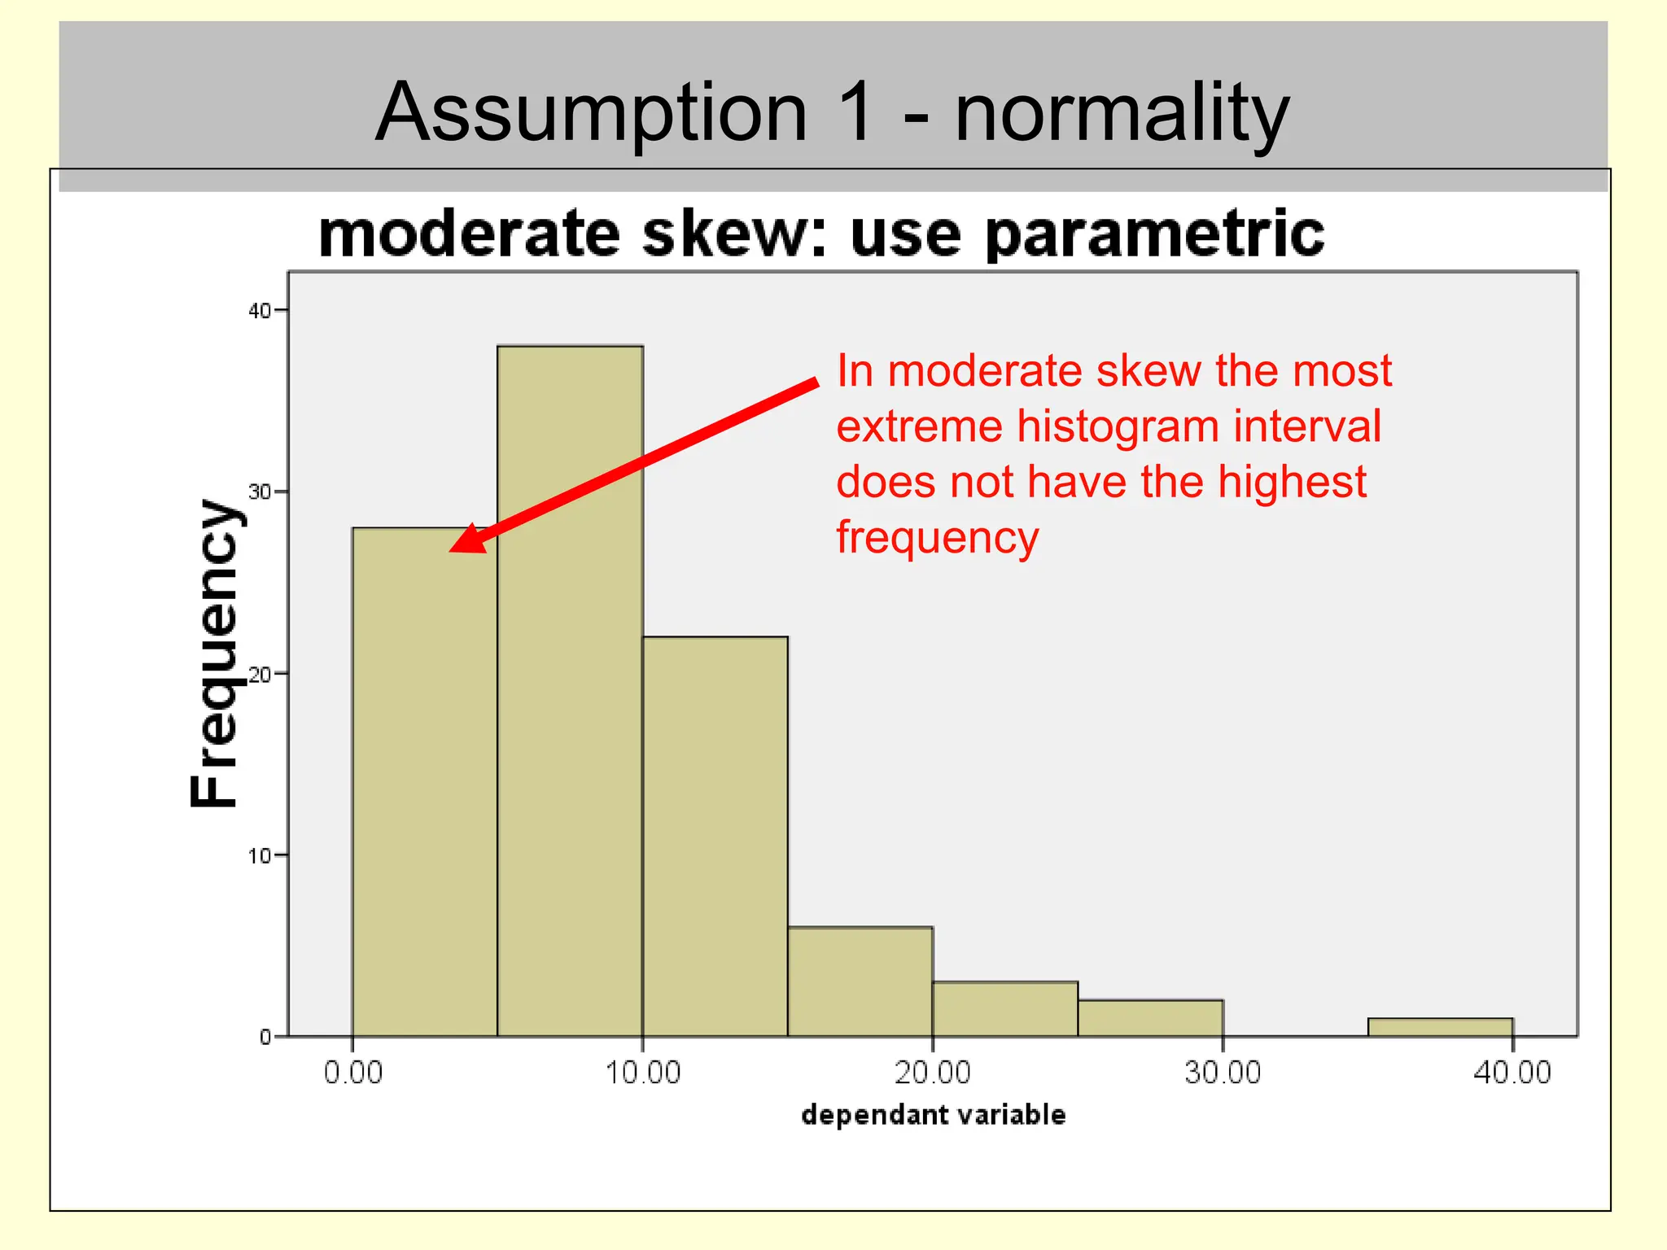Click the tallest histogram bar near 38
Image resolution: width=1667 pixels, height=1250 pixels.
click(570, 692)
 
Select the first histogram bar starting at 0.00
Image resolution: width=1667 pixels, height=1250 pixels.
click(424, 781)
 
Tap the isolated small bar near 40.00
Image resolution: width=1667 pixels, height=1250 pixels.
click(1440, 1027)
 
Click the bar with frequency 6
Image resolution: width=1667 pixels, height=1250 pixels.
click(860, 981)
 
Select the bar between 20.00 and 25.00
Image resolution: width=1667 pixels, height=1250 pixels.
click(1005, 1009)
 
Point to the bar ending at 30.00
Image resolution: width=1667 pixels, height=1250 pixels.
click(1150, 1018)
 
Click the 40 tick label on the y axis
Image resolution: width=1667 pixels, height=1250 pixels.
click(259, 310)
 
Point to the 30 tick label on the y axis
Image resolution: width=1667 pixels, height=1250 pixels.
click(259, 492)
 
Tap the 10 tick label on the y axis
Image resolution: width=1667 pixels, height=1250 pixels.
click(259, 855)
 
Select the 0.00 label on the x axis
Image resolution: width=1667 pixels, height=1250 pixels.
click(352, 1073)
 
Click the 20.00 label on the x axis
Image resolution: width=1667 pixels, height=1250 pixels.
click(933, 1073)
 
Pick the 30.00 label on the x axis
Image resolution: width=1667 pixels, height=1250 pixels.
click(1223, 1073)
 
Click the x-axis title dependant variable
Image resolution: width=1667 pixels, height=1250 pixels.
click(933, 1114)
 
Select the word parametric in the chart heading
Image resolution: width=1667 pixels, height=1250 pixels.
click(1154, 234)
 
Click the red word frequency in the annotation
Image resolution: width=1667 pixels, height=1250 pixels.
click(938, 537)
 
